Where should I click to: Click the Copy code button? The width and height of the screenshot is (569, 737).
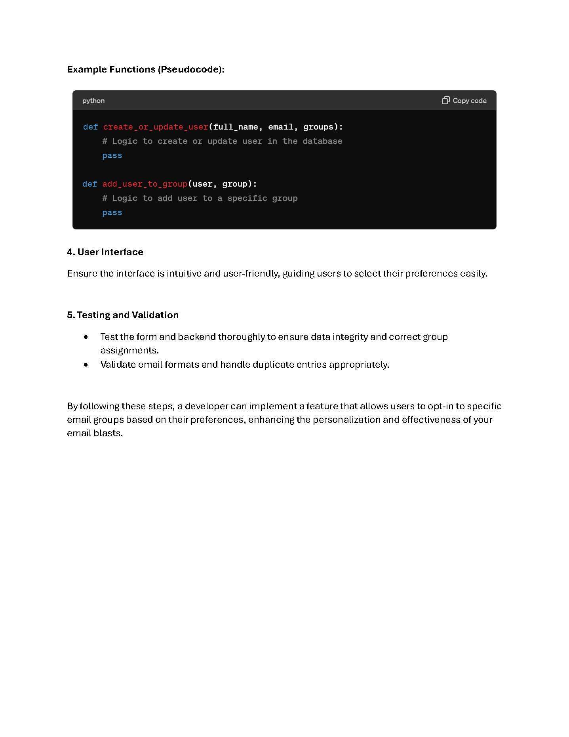tap(464, 101)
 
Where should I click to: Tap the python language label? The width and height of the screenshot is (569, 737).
tap(93, 101)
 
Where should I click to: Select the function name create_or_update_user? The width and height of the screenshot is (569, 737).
tap(156, 127)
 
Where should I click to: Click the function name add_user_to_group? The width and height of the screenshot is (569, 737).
tap(145, 184)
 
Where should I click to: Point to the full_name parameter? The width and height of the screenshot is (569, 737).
tap(236, 127)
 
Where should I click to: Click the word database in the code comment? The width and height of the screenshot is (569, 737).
tap(322, 141)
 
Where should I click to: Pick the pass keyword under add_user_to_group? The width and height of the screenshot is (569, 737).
tap(112, 213)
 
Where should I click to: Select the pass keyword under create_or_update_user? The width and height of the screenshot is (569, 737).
tap(112, 156)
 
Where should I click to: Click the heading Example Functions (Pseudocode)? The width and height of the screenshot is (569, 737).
tap(146, 69)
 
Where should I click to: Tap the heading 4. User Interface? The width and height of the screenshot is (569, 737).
tap(105, 252)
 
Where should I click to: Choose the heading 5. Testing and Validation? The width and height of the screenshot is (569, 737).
tap(123, 315)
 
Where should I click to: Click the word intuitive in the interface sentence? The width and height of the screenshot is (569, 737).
tap(184, 273)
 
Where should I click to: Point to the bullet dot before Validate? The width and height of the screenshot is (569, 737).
tap(86, 365)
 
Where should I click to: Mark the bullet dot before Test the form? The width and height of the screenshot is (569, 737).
tap(86, 337)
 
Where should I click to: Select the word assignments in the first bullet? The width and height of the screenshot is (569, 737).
tap(129, 350)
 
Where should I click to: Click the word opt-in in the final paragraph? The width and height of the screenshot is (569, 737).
tap(440, 406)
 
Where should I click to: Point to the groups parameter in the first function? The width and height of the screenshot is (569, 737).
tap(318, 127)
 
